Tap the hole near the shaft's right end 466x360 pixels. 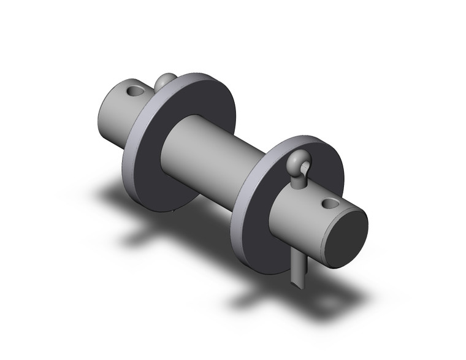coord(330,202)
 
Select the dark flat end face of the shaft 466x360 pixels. coord(346,237)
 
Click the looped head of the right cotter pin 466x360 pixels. coord(301,163)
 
